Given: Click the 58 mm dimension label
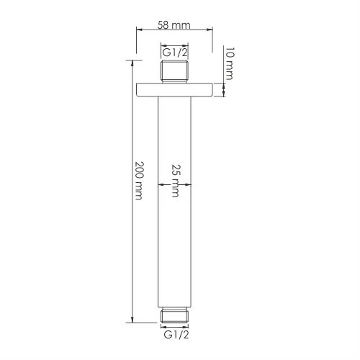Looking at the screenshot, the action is coord(174,25).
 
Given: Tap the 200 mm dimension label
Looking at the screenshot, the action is coord(139,181).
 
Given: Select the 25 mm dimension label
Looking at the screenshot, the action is coord(176,181).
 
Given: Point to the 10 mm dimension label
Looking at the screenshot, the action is coord(229,63).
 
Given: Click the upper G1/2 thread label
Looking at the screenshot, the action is coord(175,53).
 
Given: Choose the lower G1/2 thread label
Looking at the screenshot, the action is coord(176,335).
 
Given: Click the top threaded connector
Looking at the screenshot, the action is coord(174,71).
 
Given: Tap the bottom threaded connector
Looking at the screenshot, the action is coord(174,315).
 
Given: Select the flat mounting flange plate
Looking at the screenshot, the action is coord(174,90).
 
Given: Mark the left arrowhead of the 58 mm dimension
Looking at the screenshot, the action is coord(140,30).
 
